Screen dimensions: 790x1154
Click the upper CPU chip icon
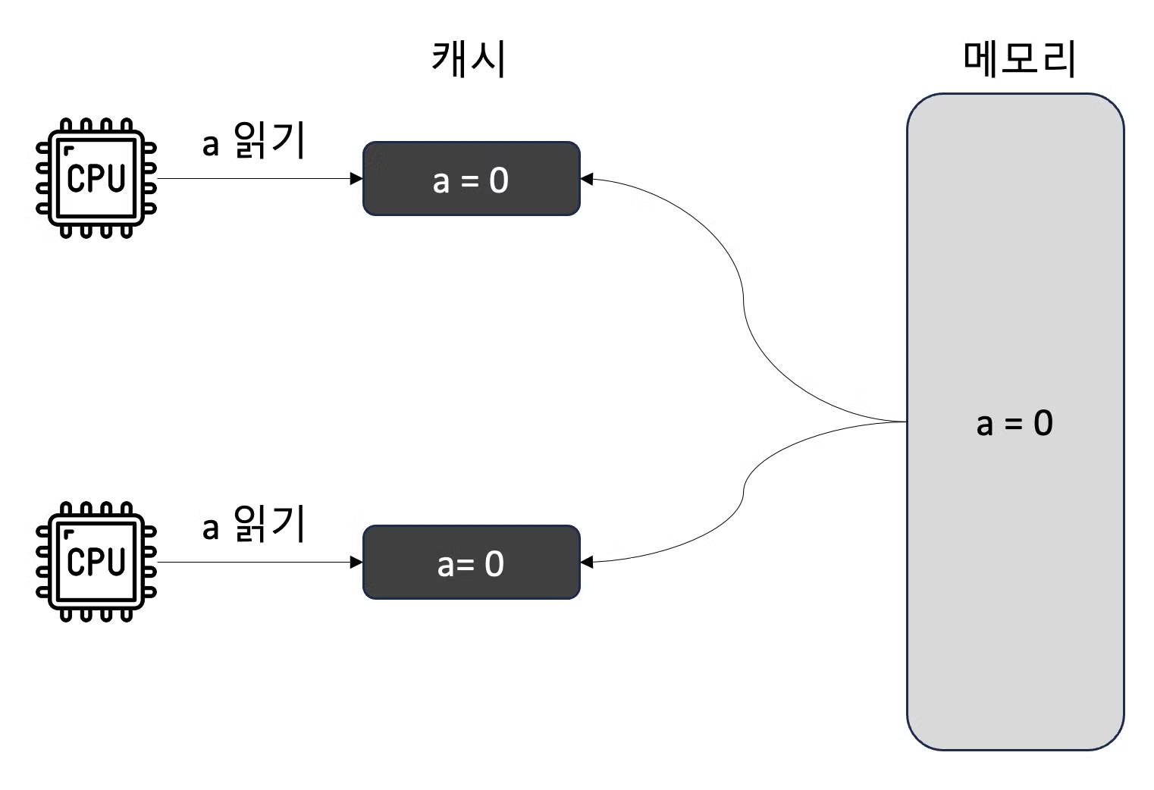tap(96, 179)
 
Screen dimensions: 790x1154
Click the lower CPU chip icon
tap(96, 562)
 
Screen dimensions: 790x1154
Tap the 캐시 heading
tap(469, 58)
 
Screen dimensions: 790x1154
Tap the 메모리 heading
tap(1019, 58)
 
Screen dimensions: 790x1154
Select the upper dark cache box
tap(471, 179)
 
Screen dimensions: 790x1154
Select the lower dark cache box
tap(471, 563)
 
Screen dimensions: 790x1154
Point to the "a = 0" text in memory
tap(1014, 423)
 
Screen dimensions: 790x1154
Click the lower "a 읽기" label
tap(253, 524)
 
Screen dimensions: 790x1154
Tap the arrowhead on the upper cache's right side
tap(586, 179)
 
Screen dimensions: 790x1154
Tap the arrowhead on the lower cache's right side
tap(586, 563)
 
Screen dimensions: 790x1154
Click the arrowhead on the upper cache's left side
tap(356, 179)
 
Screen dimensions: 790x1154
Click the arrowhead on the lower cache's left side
tap(356, 563)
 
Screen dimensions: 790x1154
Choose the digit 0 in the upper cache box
tap(498, 180)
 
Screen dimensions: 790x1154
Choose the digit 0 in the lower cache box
tap(494, 564)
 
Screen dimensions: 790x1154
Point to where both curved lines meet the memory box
tap(906, 422)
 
